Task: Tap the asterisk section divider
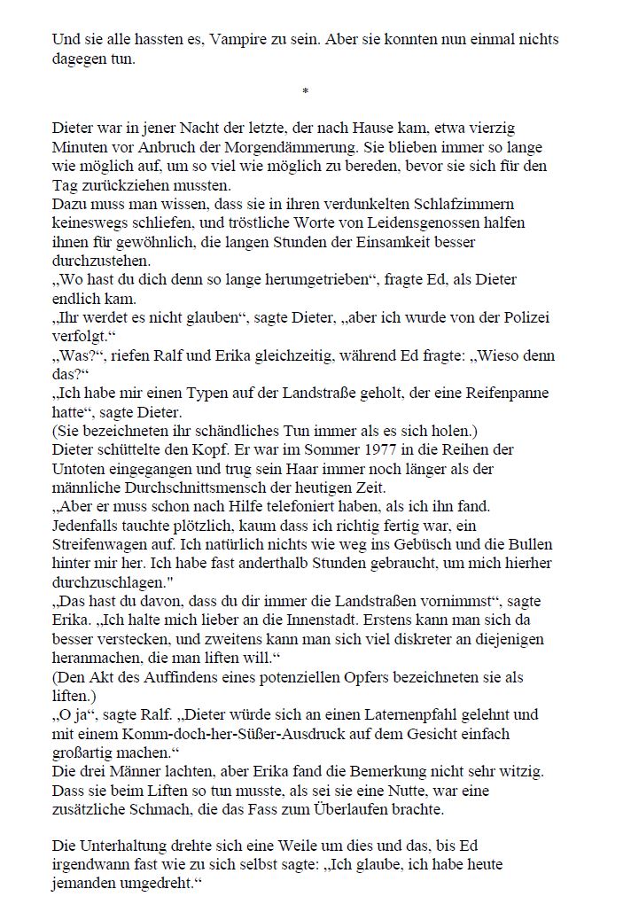306,91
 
